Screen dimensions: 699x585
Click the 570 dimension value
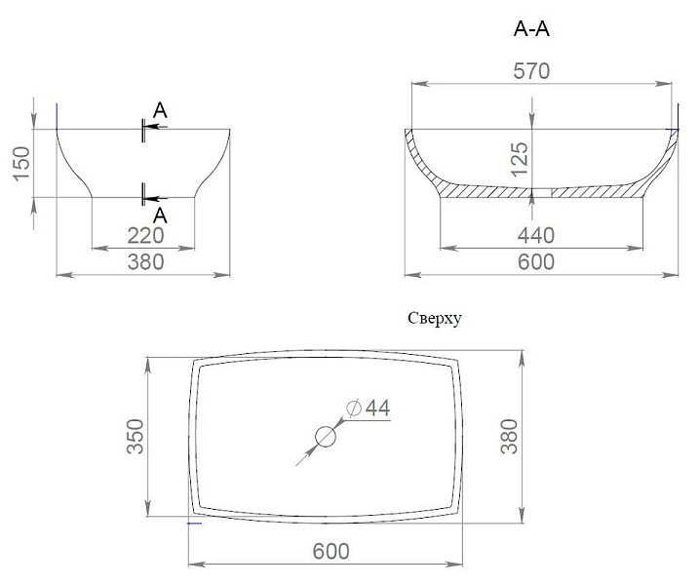click(x=531, y=71)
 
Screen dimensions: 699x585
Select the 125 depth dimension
click(x=520, y=159)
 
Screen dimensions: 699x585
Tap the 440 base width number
click(x=536, y=235)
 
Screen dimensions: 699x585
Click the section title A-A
click(x=531, y=29)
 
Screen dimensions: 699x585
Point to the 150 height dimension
click(x=21, y=163)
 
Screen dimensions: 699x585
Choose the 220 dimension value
click(x=146, y=235)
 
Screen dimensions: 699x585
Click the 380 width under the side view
click(x=146, y=262)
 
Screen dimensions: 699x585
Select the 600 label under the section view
click(x=536, y=262)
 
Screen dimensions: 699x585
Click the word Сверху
click(x=435, y=319)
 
